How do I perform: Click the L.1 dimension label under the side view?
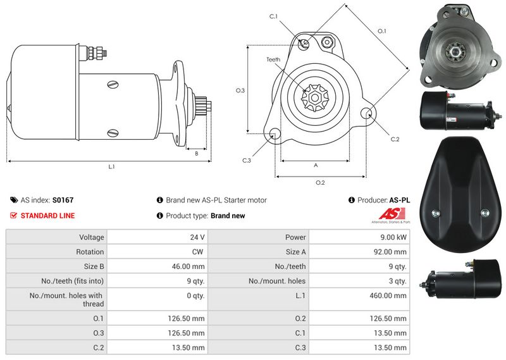pyautogui.click(x=111, y=166)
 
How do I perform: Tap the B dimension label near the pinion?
pyautogui.click(x=197, y=154)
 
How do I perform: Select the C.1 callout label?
pyautogui.click(x=273, y=16)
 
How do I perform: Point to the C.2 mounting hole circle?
pyautogui.click(x=367, y=113)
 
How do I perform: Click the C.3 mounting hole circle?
pyautogui.click(x=275, y=133)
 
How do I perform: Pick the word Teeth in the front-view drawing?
pyautogui.click(x=273, y=59)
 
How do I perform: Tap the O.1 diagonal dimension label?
pyautogui.click(x=382, y=31)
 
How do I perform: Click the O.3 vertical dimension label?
pyautogui.click(x=240, y=90)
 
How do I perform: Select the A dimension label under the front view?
pyautogui.click(x=316, y=165)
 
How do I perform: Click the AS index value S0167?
pyautogui.click(x=63, y=200)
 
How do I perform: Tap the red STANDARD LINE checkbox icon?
pyautogui.click(x=13, y=215)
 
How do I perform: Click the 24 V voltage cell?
pyautogui.click(x=197, y=237)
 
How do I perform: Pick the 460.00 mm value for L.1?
pyautogui.click(x=388, y=295)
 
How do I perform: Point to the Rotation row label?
pyautogui.click(x=90, y=252)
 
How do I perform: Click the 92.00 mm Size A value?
pyautogui.click(x=390, y=252)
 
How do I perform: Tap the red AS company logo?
pyautogui.click(x=392, y=214)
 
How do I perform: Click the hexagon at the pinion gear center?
pyautogui.click(x=314, y=98)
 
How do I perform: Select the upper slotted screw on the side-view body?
pyautogui.click(x=113, y=85)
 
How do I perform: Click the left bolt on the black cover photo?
pyautogui.click(x=435, y=213)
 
